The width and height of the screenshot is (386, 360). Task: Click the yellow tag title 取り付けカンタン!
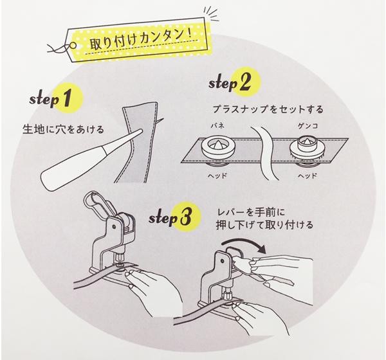[x=141, y=40]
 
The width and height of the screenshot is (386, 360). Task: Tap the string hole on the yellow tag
[x=73, y=46]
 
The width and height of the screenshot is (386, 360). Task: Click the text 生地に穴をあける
[x=63, y=129]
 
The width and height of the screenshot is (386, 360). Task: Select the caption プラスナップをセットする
[x=268, y=109]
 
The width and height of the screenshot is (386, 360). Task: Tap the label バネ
[x=217, y=126]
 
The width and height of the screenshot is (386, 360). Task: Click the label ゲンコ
[x=308, y=126]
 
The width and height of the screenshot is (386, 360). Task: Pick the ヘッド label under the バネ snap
[x=217, y=175]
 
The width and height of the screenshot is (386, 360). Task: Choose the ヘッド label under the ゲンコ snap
[x=308, y=175]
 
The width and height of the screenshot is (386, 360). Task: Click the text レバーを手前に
[x=251, y=213]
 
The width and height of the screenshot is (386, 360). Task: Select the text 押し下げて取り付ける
[x=264, y=226]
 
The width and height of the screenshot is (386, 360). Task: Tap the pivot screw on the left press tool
[x=114, y=226]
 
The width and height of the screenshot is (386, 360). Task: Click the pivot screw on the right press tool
[x=221, y=260]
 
